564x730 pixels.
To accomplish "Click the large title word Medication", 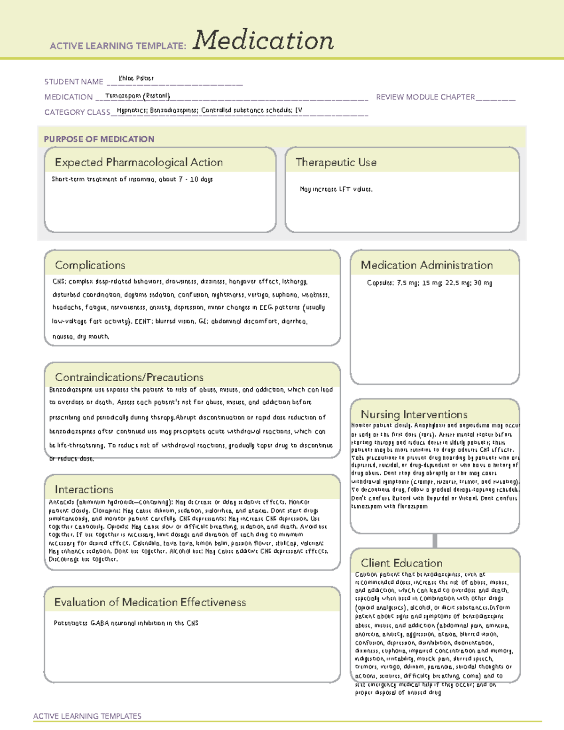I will (263, 40).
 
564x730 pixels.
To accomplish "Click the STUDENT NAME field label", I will (74, 82).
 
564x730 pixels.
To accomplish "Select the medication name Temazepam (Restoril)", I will (137, 96).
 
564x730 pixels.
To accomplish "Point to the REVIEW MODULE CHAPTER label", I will (425, 97).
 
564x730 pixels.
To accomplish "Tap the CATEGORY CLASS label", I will (77, 112).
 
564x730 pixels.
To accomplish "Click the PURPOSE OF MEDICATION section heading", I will (99, 139).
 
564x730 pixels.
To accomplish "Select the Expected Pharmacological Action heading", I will (139, 162).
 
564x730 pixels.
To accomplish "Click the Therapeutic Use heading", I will (336, 162).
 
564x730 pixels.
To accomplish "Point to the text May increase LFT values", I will (336, 189).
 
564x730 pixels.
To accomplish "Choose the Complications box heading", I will (90, 265).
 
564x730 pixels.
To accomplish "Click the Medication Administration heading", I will (426, 265).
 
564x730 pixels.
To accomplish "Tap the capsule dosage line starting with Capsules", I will (429, 283).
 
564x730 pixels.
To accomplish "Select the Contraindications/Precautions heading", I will (129, 377).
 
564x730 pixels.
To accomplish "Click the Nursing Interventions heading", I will (414, 415).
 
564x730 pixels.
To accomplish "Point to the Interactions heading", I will (84, 489).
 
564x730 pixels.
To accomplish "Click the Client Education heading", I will (401, 563).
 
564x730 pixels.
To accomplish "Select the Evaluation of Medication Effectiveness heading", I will (150, 602).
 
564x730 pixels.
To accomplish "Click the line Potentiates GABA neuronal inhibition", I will (126, 623).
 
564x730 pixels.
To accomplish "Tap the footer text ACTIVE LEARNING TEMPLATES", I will (87, 716).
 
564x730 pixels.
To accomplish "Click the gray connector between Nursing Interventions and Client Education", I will (435, 541).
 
